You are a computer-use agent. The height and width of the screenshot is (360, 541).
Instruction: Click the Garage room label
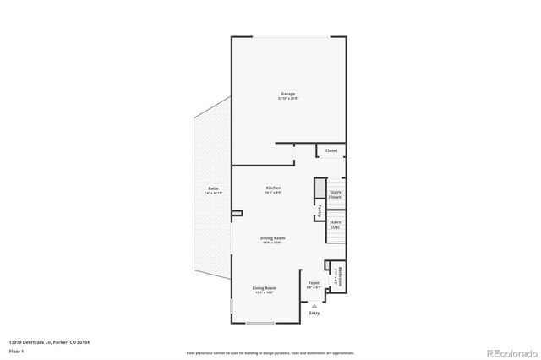click(x=288, y=93)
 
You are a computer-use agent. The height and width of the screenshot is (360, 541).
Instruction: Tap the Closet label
click(x=331, y=150)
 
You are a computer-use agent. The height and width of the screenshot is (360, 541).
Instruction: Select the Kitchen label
click(x=273, y=188)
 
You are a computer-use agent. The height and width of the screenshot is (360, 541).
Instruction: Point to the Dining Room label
click(x=273, y=238)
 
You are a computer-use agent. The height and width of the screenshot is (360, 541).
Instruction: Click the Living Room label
click(x=265, y=288)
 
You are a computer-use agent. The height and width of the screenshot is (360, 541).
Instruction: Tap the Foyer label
click(x=313, y=282)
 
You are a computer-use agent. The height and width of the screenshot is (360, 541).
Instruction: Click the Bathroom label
click(x=340, y=276)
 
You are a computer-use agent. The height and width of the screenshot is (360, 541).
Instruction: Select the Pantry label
click(x=320, y=210)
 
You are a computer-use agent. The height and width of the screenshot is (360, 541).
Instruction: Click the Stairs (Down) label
click(x=336, y=194)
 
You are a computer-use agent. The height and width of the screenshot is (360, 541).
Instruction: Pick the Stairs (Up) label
click(x=336, y=226)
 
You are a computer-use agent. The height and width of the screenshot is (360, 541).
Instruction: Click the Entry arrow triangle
click(x=314, y=306)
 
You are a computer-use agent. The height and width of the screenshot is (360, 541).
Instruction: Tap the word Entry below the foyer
click(x=314, y=313)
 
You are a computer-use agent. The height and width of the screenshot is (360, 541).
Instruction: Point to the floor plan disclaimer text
click(x=270, y=352)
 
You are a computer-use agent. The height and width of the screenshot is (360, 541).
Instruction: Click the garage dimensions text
click(x=288, y=99)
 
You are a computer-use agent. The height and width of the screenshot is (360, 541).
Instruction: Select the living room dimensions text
click(x=265, y=293)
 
